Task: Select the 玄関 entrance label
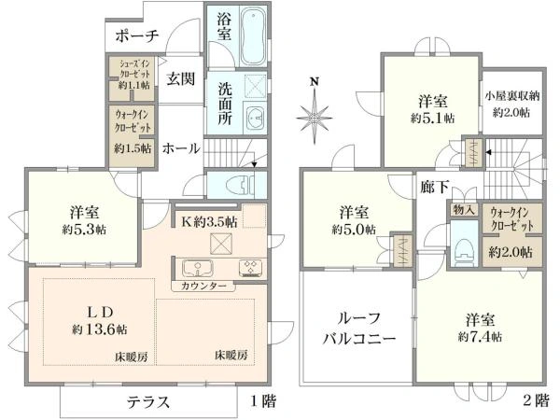coord(180,79)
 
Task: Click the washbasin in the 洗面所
coord(255,116)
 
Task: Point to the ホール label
coord(180,147)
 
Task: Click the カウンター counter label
coord(203,286)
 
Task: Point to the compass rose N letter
coord(315,82)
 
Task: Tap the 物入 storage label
coord(464,212)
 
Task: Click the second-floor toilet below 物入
coord(464,246)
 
